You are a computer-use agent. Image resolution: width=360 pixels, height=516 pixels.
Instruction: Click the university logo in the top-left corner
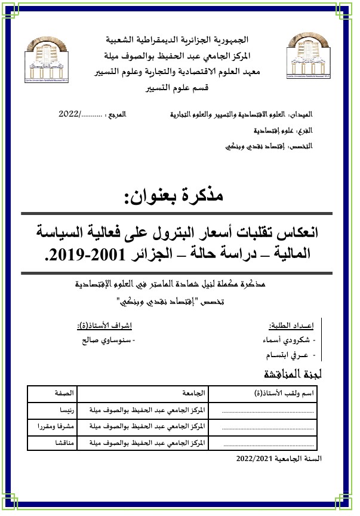click(53, 57)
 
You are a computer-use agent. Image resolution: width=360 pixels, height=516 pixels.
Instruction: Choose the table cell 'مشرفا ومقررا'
click(53, 427)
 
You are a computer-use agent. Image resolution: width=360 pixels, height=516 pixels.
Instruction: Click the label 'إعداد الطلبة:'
click(293, 325)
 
